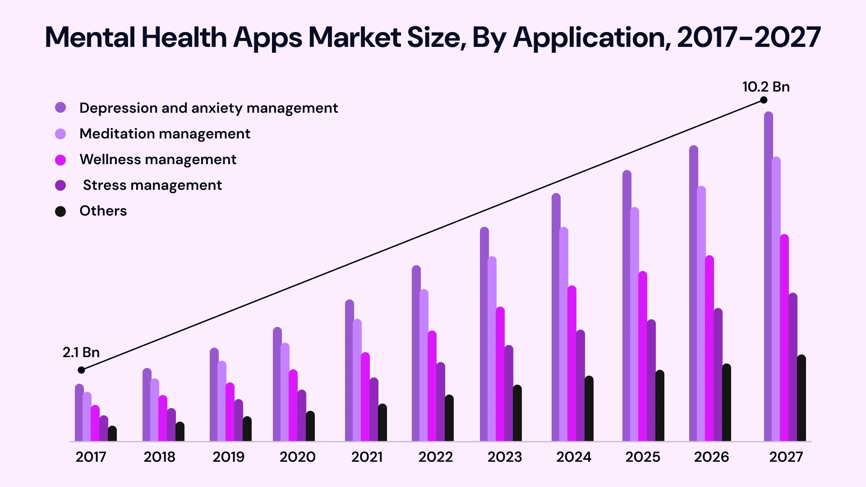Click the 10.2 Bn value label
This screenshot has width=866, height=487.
tap(766, 87)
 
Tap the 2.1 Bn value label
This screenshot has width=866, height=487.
tap(81, 352)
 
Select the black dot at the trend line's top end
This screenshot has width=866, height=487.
tap(764, 100)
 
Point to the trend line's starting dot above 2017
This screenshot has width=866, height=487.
tap(81, 370)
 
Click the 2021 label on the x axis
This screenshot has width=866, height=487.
tap(367, 457)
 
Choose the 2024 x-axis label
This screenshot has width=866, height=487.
tap(573, 457)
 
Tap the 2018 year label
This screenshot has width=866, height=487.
tap(159, 457)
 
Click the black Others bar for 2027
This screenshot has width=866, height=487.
tap(801, 399)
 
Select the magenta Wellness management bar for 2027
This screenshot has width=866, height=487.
tap(784, 338)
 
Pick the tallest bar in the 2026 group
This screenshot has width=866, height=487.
tap(694, 293)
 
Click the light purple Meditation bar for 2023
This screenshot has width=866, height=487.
tap(492, 349)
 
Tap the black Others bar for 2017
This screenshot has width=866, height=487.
tap(112, 434)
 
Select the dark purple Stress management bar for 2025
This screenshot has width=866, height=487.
tap(651, 381)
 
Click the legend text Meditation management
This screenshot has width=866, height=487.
tap(165, 134)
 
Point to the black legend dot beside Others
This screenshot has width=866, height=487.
tap(60, 211)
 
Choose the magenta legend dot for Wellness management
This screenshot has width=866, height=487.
tap(60, 160)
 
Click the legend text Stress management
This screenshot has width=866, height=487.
tap(152, 185)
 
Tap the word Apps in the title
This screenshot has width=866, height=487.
tap(267, 37)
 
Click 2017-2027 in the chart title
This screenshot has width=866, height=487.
tap(749, 37)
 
